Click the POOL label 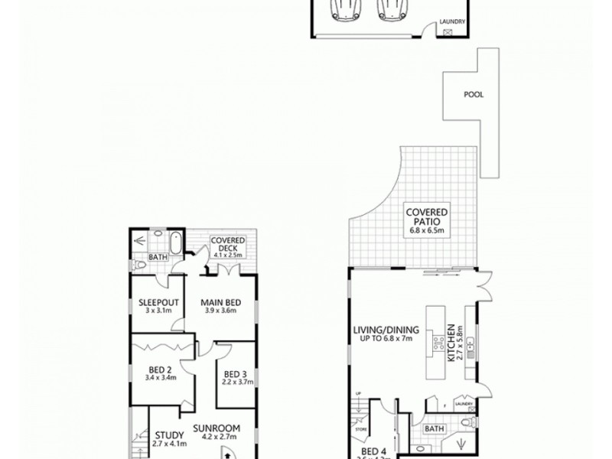coord(474,96)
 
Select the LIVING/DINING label coord(381,330)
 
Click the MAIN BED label coord(222,303)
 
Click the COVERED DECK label coord(227,244)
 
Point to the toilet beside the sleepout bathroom coord(138,265)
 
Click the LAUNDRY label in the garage coord(451,23)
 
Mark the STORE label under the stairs coord(362,431)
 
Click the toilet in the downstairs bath coord(468,424)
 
